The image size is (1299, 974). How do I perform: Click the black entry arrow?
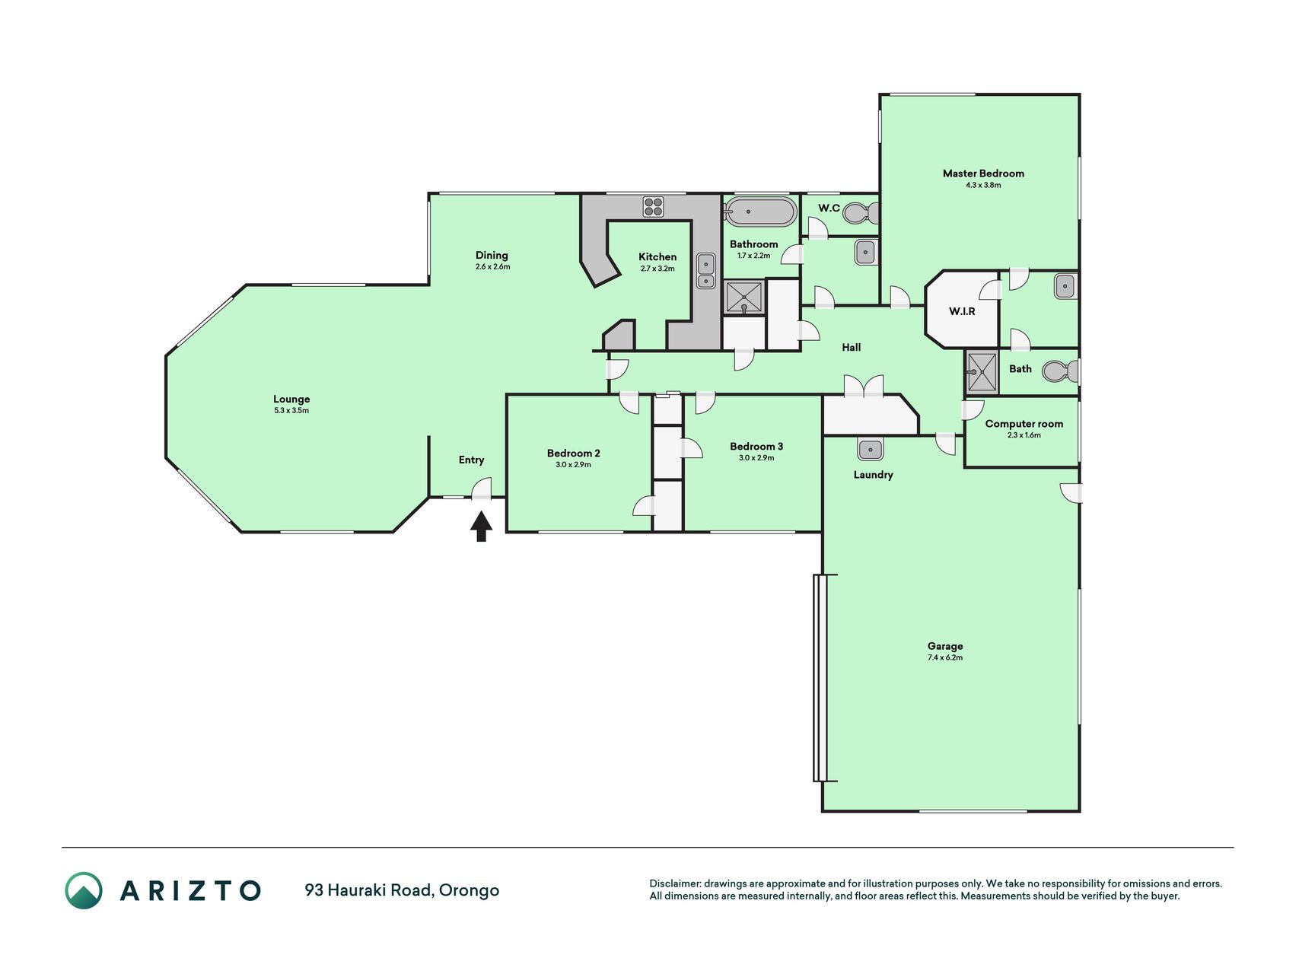pos(480,526)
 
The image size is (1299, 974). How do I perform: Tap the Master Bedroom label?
pos(983,173)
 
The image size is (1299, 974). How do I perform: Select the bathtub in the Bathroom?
pos(759,212)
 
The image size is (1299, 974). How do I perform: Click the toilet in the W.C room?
pos(861,213)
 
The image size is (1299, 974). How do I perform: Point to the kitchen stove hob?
pos(653,206)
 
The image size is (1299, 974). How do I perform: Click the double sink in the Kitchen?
pos(706,271)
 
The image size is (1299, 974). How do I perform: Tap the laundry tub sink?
pos(870,449)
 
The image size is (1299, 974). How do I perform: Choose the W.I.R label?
pos(962,311)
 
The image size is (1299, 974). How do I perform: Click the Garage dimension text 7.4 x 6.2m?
pos(945,657)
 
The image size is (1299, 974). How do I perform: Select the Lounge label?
pos(291,399)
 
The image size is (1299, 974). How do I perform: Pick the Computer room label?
pos(1024,424)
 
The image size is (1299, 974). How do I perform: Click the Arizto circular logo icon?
pos(84,890)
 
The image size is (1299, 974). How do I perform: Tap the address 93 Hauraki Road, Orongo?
pos(402,890)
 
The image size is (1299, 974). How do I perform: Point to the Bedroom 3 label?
pos(756,447)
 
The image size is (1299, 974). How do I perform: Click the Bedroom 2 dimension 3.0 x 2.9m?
pos(573,464)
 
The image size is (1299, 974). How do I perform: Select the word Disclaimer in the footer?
pos(674,883)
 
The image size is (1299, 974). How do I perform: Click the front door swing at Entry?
pos(482,488)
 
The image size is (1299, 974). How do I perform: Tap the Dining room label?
pos(492,256)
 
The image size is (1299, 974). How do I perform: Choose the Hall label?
pos(852,348)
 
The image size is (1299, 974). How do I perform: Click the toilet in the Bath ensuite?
pos(1059,371)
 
